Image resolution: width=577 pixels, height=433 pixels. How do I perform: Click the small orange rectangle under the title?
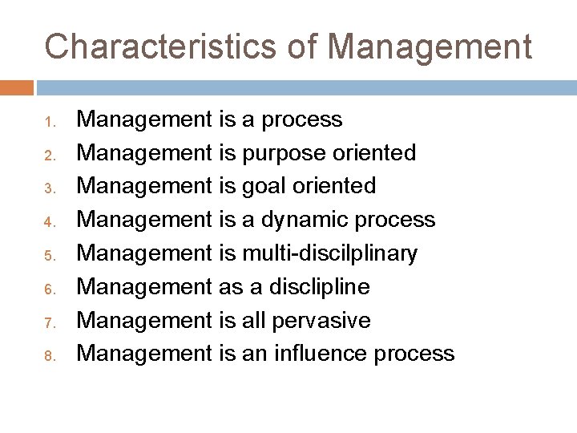tap(17, 86)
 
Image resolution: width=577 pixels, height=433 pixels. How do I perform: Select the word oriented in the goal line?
tap(336, 187)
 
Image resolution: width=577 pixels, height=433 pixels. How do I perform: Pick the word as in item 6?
tap(228, 287)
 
